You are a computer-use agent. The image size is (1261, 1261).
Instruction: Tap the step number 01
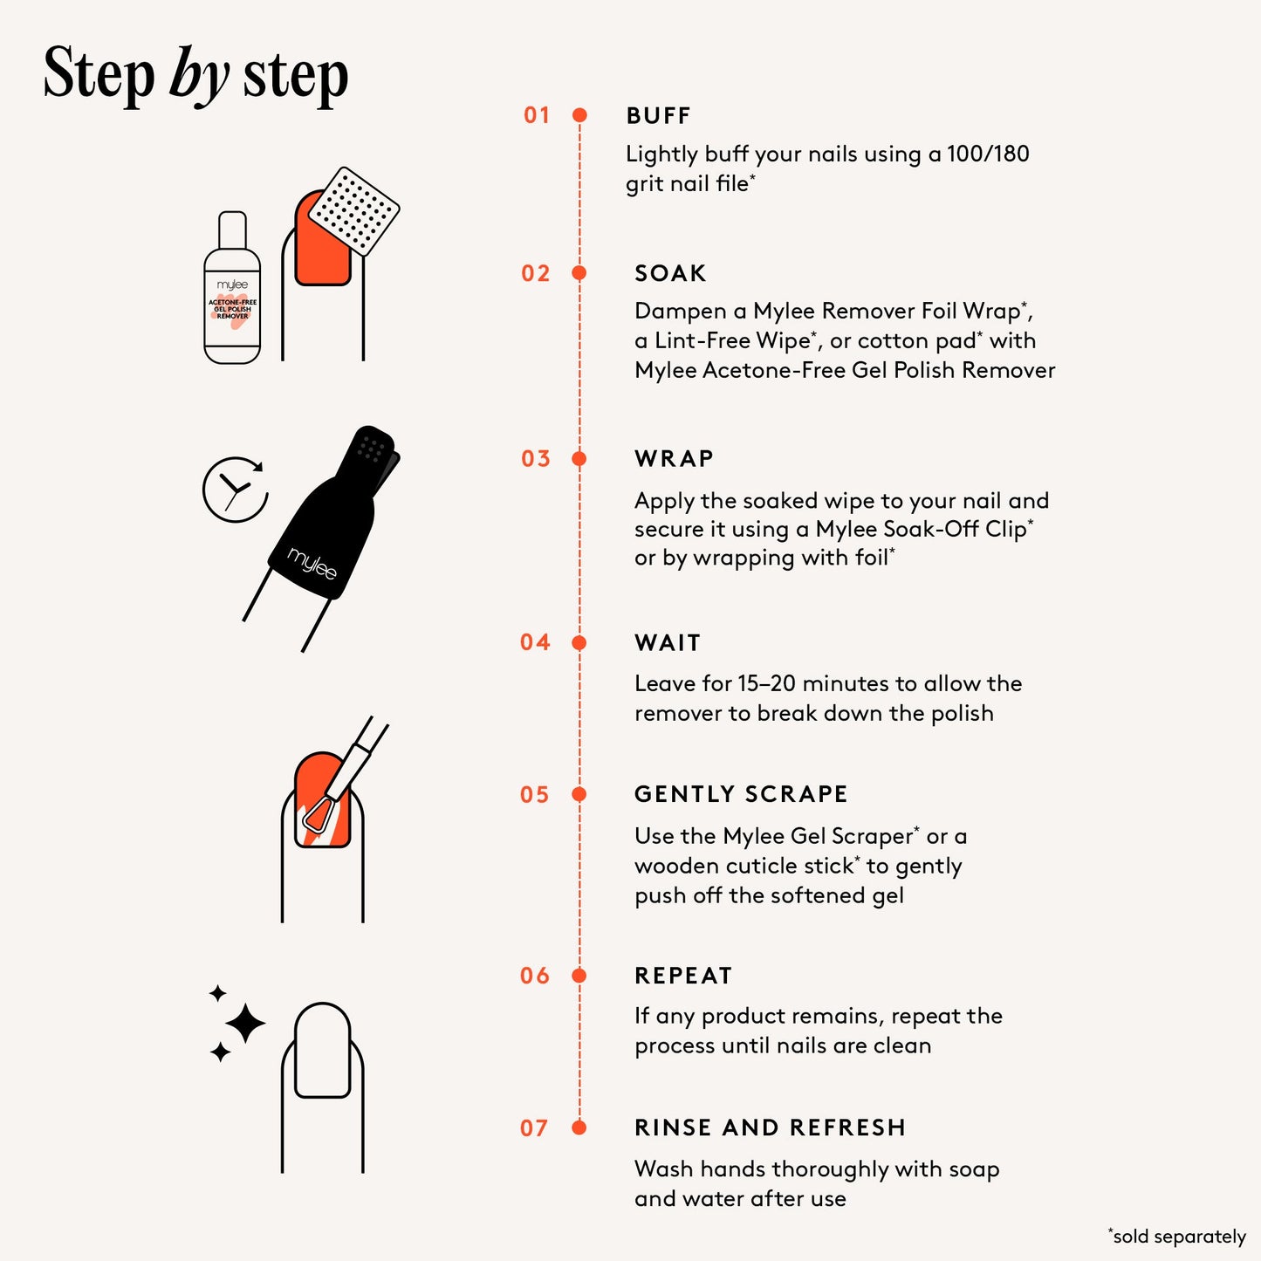(x=537, y=115)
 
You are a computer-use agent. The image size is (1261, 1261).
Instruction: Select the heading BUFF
(x=658, y=116)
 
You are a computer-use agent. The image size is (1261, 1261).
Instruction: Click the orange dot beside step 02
(x=579, y=273)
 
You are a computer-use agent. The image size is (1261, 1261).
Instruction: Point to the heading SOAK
(x=670, y=273)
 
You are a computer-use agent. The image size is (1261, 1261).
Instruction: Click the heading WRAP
(x=674, y=459)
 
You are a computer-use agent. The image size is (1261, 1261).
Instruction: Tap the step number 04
(x=535, y=642)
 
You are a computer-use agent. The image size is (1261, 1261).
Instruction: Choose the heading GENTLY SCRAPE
(x=741, y=794)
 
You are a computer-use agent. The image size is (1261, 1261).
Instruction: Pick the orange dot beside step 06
(x=579, y=976)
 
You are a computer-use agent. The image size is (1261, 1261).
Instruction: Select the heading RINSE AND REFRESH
(x=771, y=1127)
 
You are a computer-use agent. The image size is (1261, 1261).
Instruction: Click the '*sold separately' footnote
(x=1176, y=1236)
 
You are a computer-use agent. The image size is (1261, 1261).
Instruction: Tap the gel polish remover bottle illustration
(x=232, y=287)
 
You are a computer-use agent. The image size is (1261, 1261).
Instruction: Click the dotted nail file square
(x=353, y=211)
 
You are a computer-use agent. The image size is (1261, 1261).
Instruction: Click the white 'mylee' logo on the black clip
(x=312, y=564)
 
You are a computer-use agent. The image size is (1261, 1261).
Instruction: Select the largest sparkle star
(x=245, y=1022)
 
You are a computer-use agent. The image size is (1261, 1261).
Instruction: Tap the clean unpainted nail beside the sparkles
(x=323, y=1050)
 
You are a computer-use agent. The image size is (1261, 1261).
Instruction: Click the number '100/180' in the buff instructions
(x=988, y=154)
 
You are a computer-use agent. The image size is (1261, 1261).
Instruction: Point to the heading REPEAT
(x=683, y=976)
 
